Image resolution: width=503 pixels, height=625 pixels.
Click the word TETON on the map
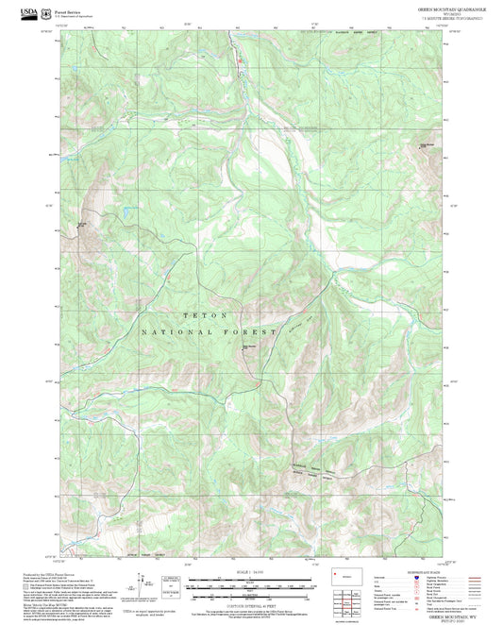(x=204, y=314)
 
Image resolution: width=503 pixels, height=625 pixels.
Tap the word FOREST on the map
(x=253, y=333)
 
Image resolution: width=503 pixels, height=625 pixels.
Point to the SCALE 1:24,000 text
(x=250, y=572)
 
